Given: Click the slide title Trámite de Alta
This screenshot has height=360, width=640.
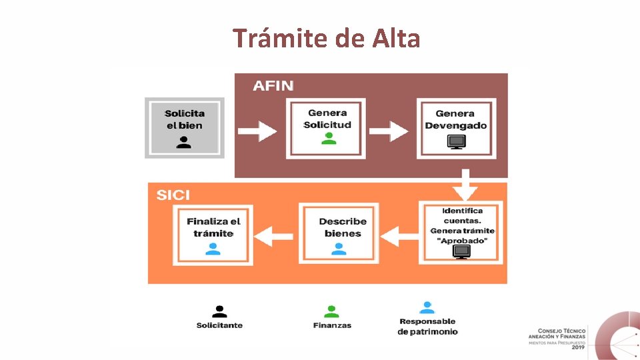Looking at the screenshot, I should pos(327,39).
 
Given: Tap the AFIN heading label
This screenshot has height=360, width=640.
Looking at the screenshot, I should pos(273,86).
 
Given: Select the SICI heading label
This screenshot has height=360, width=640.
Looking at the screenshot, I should pos(173,195).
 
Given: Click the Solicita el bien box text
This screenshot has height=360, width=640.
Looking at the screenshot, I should pos(185,119).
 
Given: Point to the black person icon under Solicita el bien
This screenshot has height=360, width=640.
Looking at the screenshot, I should pos(184,142).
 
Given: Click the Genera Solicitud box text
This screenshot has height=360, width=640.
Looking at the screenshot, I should pos(327,119).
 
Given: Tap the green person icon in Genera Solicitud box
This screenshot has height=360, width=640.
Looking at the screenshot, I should pos(328,139).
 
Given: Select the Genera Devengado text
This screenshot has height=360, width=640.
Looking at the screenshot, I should pos(456,119).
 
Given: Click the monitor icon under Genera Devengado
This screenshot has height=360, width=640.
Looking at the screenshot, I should pos(457,142).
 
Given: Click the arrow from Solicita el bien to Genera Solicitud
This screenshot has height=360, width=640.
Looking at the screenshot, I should pos(257,129).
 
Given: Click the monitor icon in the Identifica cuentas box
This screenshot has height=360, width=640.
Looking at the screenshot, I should pos(461,251).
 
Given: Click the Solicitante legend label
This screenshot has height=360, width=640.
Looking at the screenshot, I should pos(219,325).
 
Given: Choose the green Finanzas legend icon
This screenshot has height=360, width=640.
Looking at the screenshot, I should pos(331,311).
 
